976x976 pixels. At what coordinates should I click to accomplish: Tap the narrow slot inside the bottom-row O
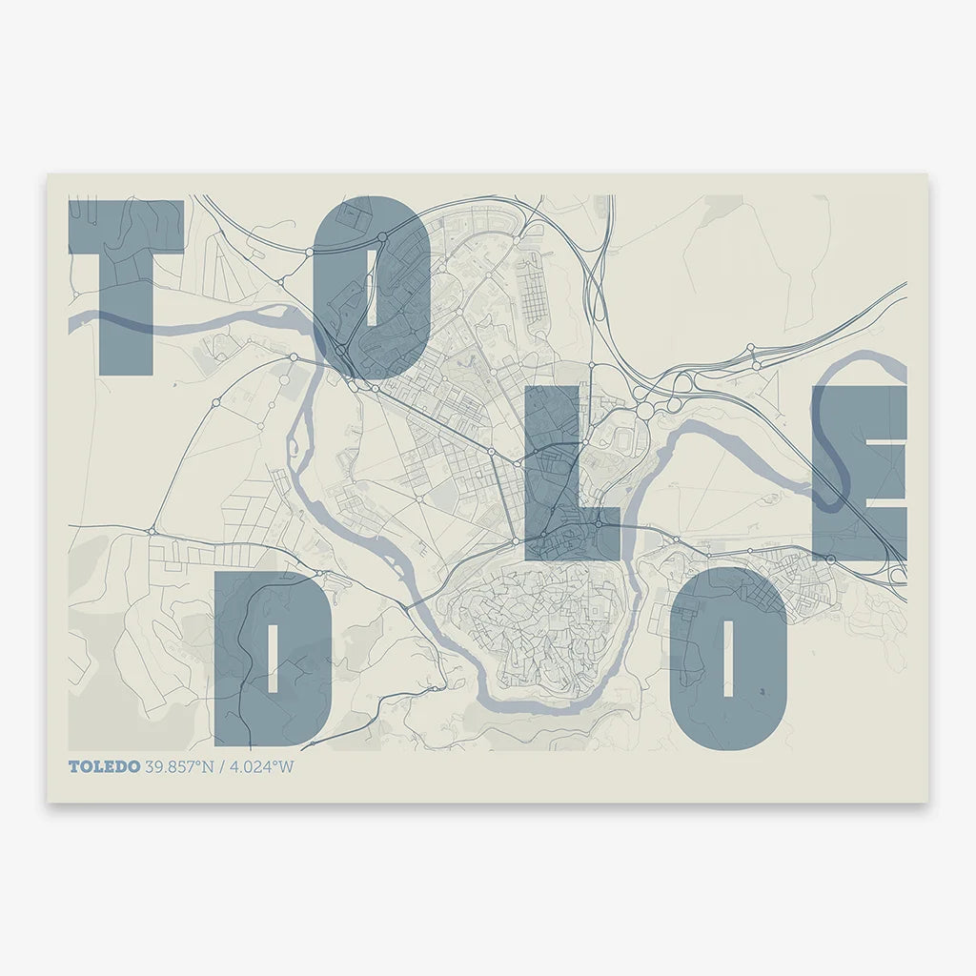click(729, 658)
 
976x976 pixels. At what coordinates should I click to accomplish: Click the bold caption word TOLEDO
click(104, 766)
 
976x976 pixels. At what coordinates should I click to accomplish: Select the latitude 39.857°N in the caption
click(178, 766)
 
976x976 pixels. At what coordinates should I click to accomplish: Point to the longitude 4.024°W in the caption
click(260, 766)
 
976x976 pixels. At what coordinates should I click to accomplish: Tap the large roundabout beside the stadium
click(645, 411)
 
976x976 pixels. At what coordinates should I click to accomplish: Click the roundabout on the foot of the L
click(598, 523)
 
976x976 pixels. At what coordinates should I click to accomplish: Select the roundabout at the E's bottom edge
click(831, 559)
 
